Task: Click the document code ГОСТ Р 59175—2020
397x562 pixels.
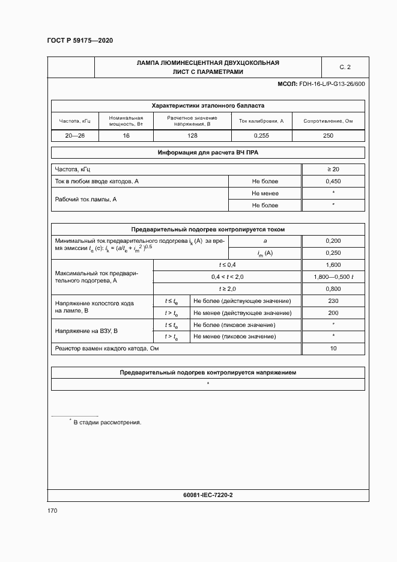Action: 80,40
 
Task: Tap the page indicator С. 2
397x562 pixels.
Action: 345,67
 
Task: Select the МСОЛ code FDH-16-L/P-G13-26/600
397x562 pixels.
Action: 321,84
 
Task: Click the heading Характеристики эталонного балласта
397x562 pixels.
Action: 207,105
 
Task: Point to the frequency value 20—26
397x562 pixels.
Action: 75,136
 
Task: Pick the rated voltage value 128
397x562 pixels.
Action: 192,136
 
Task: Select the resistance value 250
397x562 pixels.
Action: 328,136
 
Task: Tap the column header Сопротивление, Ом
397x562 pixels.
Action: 328,121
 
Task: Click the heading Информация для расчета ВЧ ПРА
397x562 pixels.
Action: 207,153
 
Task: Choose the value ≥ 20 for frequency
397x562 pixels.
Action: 333,170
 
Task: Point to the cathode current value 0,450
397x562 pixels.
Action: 333,181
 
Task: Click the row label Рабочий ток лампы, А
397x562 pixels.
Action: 85,199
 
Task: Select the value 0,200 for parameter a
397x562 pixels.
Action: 333,240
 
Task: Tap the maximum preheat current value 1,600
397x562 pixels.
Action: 333,265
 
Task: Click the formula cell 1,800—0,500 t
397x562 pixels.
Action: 333,276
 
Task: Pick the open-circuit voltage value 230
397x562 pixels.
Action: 333,301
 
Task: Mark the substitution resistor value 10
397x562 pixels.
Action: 333,349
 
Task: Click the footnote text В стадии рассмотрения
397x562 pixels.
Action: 107,423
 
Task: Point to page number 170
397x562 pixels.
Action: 53,511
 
